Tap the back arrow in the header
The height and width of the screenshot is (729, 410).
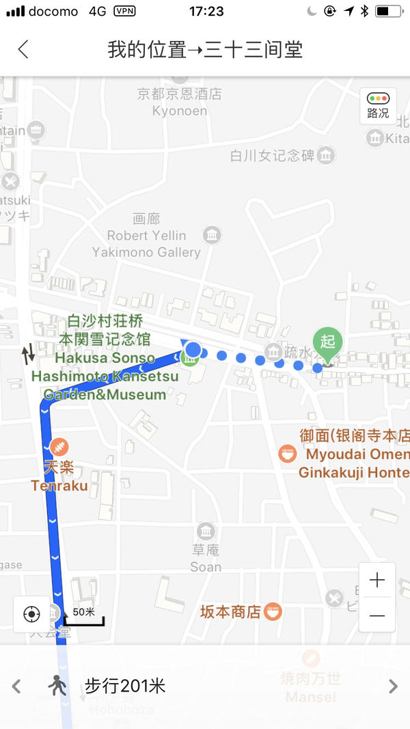(23, 49)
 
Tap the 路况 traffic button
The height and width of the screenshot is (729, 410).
(378, 106)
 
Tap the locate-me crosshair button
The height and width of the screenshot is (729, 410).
(31, 614)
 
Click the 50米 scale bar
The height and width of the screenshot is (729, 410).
(84, 616)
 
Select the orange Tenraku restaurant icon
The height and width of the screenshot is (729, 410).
(59, 447)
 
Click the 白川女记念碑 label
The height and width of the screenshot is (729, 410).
(272, 156)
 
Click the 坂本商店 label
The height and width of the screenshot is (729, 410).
(230, 611)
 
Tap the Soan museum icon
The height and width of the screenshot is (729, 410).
(206, 531)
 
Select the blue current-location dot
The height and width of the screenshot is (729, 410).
(193, 350)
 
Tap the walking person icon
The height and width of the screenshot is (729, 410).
(57, 685)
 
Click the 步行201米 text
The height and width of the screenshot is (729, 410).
(125, 686)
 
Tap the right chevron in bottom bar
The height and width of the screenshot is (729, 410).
(393, 686)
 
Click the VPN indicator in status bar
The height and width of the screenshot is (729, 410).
(124, 11)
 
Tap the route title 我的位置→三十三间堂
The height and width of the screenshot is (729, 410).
(205, 49)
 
